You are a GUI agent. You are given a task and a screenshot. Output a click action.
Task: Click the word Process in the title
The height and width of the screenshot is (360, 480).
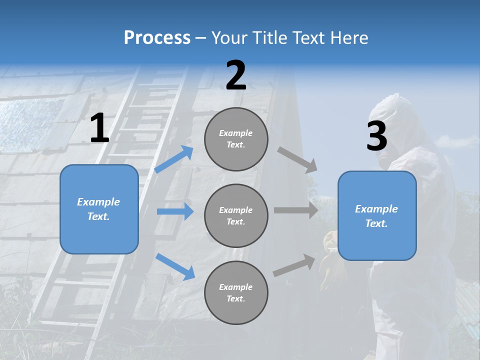coord(157,38)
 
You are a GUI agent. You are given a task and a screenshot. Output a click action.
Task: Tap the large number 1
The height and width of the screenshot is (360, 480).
coord(99,129)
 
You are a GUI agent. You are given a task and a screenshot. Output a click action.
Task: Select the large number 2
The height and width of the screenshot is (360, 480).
coord(236,76)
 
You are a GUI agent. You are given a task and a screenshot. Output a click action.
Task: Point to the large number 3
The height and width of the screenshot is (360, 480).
coord(376,136)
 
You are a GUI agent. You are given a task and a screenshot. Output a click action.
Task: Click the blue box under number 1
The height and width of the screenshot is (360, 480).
coord(99,209)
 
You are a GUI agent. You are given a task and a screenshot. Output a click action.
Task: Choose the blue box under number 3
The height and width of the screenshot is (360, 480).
coord(377,216)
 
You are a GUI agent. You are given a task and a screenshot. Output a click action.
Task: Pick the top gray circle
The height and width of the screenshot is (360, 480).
coord(236,139)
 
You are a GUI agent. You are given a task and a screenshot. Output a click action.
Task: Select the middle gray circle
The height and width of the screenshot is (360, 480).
coord(236,215)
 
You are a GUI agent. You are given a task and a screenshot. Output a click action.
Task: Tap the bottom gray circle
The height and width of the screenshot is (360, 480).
coord(236,292)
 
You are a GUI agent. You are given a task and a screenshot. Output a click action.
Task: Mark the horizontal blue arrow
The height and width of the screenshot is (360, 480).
coord(175,211)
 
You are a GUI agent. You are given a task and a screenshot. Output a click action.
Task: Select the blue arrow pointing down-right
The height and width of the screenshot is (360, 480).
coord(175,266)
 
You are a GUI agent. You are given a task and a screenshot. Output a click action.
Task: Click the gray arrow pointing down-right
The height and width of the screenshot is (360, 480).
coord(297,160)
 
